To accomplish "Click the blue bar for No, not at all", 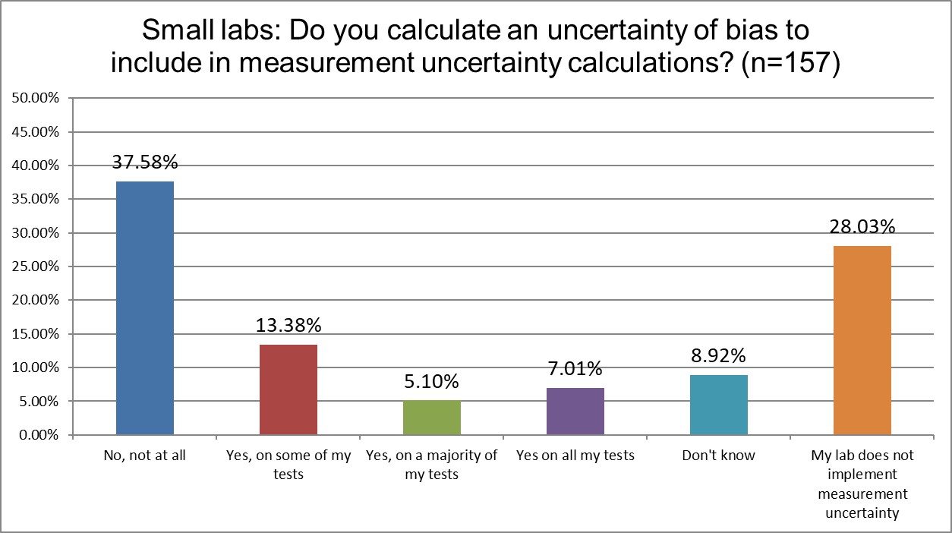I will coord(144,308).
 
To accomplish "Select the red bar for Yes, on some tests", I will coord(288,389).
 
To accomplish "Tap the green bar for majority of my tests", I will coord(432,418).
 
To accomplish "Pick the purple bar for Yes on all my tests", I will coord(575,411).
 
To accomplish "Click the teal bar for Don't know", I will coord(719,405).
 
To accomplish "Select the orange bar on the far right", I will coord(862,340).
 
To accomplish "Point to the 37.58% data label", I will coord(145,162).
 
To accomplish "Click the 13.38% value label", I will coord(288,325).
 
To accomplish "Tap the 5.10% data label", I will coord(432,381).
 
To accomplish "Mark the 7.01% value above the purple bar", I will coord(575,369).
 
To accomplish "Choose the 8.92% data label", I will coord(719,355).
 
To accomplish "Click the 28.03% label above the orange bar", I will coord(862,227).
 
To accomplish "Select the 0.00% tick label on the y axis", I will coord(36,435).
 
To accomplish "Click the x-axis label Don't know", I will coord(719,456).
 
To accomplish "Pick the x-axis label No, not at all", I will coord(144,456).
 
